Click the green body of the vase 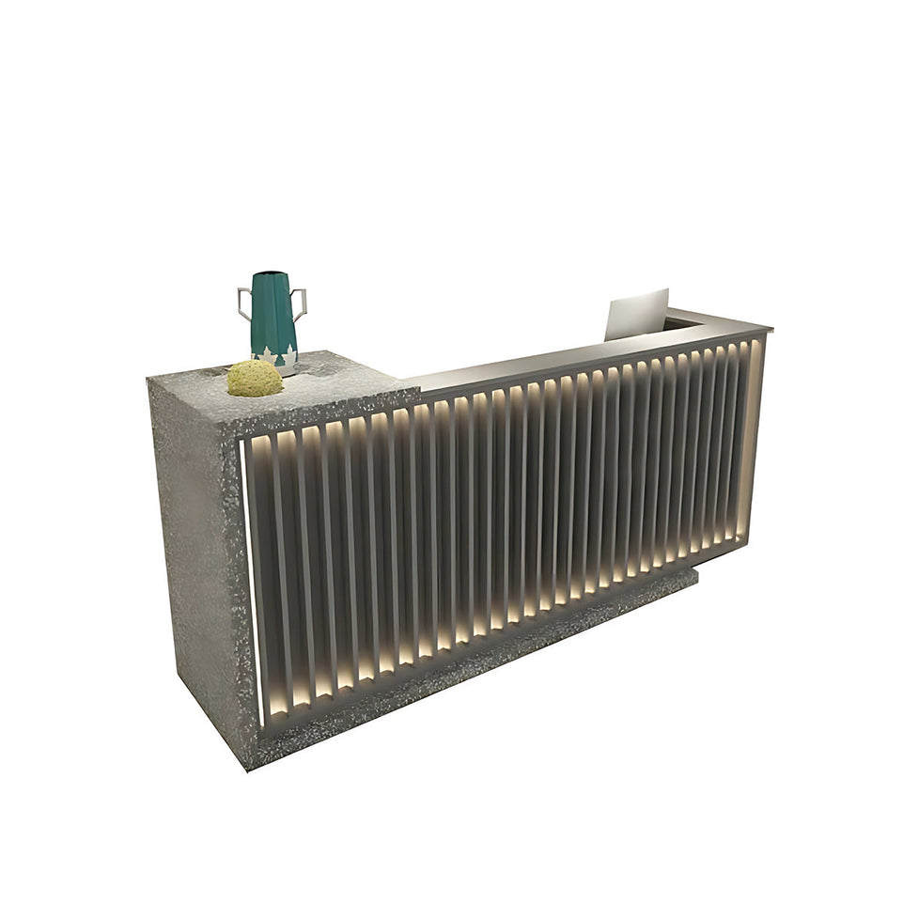point(273,315)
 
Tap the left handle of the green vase point(244,304)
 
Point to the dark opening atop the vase point(270,274)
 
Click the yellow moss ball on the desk point(255,378)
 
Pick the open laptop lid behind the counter point(637,314)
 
